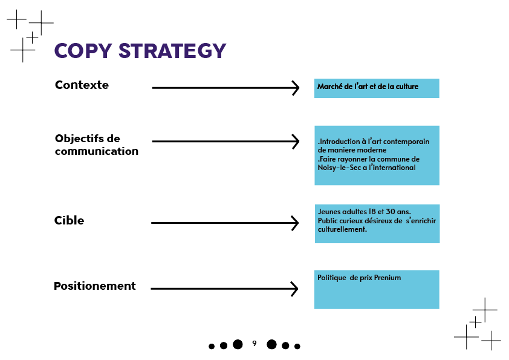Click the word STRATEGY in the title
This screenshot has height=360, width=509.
pos(172,51)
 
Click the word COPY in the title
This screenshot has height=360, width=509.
pos(83,51)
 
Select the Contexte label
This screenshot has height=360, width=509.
pos(82,85)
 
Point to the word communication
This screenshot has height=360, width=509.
pos(97,151)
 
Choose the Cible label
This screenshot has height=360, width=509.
pos(69,220)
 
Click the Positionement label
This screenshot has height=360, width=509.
pos(95,286)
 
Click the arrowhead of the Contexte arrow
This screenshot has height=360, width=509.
pos(296,88)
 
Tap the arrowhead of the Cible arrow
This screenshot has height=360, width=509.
pos(295,223)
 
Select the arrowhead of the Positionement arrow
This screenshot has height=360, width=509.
pos(294,289)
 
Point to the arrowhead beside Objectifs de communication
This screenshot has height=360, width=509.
pos(296,142)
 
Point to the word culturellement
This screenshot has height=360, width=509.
pos(343,229)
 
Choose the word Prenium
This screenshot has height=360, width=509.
pos(387,278)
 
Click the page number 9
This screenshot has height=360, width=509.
pos(254,343)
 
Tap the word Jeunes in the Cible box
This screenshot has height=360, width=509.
pos(328,212)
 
